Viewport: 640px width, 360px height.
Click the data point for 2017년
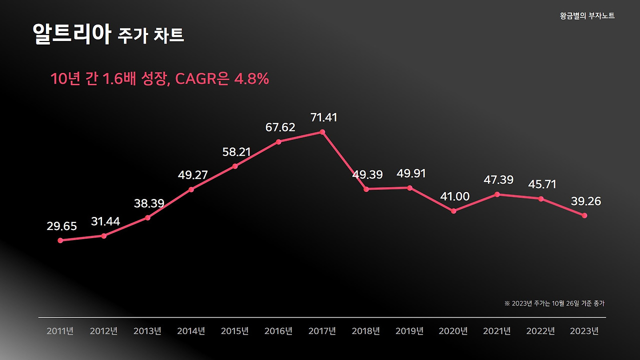coord(322,132)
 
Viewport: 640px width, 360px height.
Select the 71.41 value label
coord(323,117)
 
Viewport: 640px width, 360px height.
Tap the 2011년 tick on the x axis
coord(60,331)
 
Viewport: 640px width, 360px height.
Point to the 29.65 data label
coord(62,226)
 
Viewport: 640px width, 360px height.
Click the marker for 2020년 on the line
coord(453,211)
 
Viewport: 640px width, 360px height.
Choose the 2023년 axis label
coord(584,331)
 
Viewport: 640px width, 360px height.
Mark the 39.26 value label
coord(586,201)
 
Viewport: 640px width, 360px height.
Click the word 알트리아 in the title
coord(71,34)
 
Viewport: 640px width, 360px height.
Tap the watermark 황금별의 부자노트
coord(587,16)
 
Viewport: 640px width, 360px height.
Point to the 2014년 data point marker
coord(191,189)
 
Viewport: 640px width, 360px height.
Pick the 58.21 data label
coord(236,152)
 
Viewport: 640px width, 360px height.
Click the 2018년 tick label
coord(366,331)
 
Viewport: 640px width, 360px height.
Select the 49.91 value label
coord(411,173)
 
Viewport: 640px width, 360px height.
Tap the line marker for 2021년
coord(497,194)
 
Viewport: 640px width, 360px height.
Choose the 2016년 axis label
coord(278,331)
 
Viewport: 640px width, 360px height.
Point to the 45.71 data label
coord(542,184)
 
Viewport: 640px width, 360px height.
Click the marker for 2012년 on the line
coord(104,235)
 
